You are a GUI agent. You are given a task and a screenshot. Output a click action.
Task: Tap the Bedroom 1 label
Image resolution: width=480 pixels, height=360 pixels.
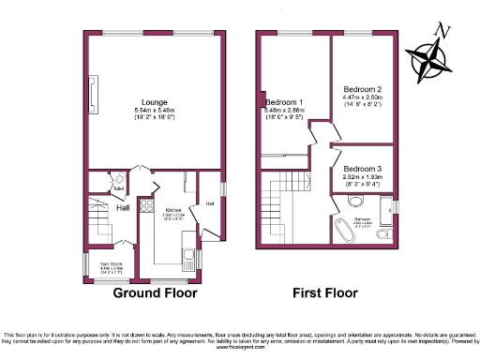[x=284, y=101]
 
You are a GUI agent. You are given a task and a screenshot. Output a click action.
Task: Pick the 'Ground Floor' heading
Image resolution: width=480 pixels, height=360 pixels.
[x=156, y=293]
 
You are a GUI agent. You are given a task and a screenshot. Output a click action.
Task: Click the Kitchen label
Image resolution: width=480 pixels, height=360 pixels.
[x=172, y=210]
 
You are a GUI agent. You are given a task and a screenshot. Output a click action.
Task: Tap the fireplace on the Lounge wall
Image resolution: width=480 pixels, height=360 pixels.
[x=91, y=94]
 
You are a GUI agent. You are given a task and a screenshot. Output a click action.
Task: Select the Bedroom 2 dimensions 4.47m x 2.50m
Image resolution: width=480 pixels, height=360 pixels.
[x=361, y=97]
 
